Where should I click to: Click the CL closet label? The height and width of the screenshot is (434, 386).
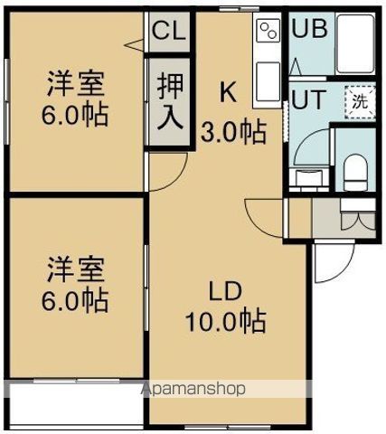pos(167,32)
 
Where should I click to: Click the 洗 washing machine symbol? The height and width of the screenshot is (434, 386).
pos(360,101)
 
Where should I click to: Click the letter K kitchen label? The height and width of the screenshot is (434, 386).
pos(229,92)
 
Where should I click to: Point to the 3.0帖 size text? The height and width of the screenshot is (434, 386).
pos(232,132)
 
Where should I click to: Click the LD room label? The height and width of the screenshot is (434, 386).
pos(224,292)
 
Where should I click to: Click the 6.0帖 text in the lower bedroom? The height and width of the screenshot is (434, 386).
pos(77,299)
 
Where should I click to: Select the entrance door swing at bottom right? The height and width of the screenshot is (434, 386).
pos(330,262)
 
